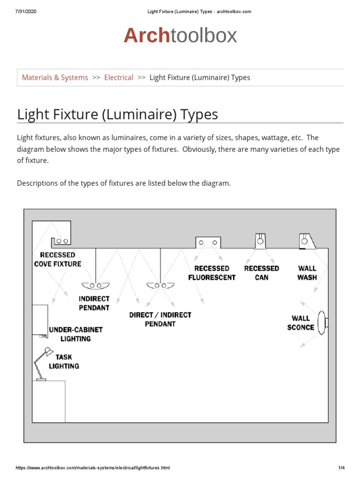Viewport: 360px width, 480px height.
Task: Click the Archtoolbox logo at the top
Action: point(180,36)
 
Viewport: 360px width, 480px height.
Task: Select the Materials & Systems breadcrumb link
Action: point(55,77)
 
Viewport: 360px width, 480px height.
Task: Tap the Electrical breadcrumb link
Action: point(119,77)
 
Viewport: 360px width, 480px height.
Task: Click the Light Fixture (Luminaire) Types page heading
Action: point(117,114)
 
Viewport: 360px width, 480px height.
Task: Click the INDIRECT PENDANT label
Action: point(94,303)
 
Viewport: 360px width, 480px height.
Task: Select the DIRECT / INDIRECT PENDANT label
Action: point(160,319)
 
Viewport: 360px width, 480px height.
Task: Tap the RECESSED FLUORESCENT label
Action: point(212,273)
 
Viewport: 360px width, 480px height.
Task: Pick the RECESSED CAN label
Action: point(262,273)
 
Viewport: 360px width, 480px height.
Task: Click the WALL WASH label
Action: point(307,273)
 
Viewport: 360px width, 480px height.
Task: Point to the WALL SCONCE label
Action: point(300,322)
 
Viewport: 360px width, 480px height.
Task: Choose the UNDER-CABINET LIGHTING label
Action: point(75,334)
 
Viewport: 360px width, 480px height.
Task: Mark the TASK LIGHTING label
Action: point(64,361)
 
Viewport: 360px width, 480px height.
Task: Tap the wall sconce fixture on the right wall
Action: point(322,322)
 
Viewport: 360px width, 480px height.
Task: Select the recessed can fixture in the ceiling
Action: point(260,241)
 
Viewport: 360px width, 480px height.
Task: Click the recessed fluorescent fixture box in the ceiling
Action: point(208,242)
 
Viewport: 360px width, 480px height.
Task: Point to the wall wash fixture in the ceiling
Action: point(306,241)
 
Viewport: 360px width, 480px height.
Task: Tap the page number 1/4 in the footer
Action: point(341,468)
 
